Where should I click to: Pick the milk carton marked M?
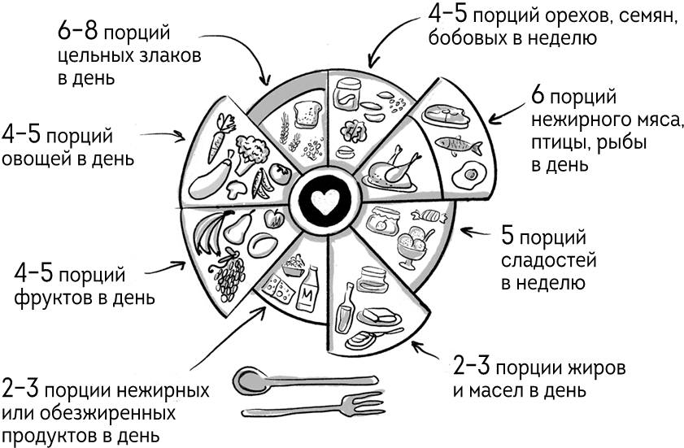(309, 293)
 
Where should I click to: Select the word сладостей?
(538, 261)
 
